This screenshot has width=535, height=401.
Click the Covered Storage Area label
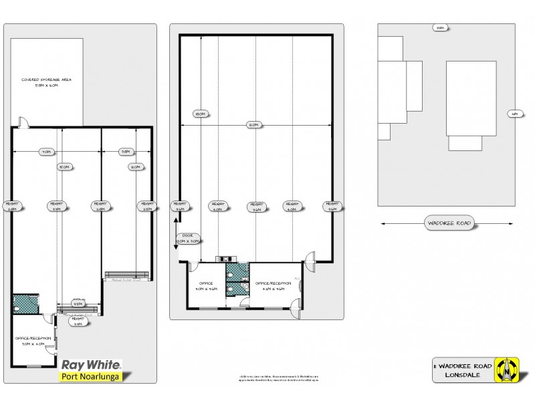click(x=46, y=83)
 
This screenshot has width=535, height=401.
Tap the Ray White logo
click(x=91, y=364)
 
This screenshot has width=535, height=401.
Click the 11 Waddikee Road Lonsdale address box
click(x=463, y=371)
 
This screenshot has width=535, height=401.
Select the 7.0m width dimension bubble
click(x=45, y=152)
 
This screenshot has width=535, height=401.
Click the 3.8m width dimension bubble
click(x=125, y=152)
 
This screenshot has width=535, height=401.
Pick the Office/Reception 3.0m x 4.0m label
click(x=33, y=342)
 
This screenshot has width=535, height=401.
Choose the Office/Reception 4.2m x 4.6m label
click(x=274, y=287)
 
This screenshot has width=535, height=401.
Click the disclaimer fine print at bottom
click(x=279, y=378)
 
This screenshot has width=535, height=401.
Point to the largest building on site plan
click(x=471, y=98)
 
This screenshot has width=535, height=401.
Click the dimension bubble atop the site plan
click(x=439, y=28)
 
